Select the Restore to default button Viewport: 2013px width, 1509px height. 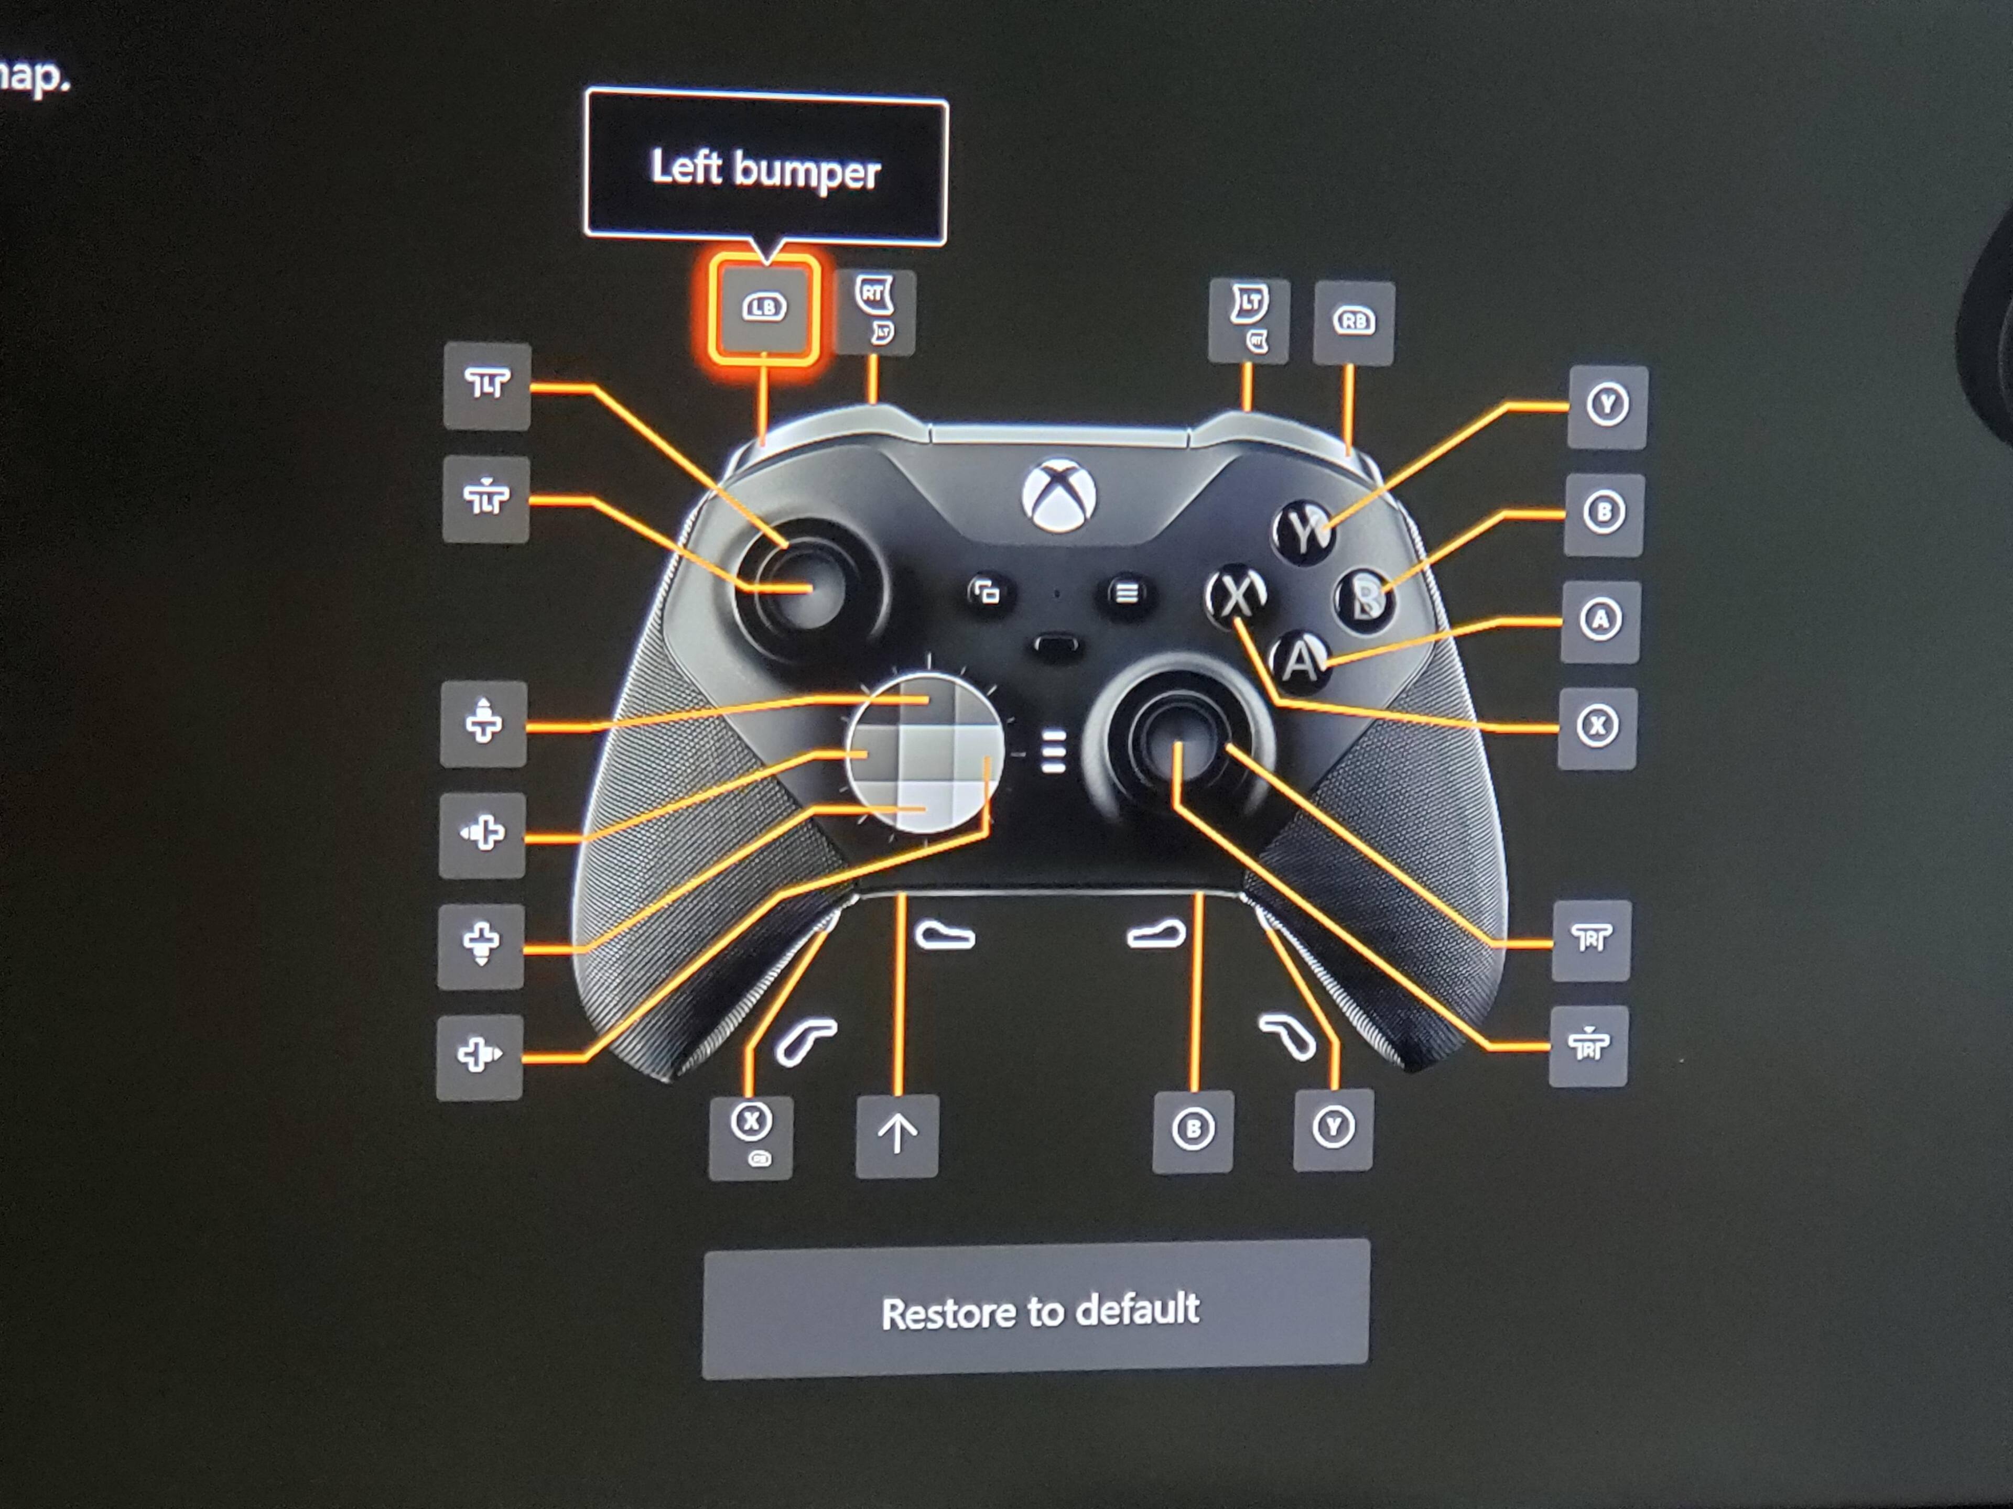pos(1036,1310)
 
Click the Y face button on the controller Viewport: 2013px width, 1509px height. pos(1305,532)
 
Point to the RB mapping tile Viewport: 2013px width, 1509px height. pos(1353,322)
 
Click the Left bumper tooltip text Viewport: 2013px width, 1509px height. pos(765,169)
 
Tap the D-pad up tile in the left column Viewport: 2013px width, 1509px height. pos(483,723)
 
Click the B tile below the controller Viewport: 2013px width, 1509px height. pos(1192,1131)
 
